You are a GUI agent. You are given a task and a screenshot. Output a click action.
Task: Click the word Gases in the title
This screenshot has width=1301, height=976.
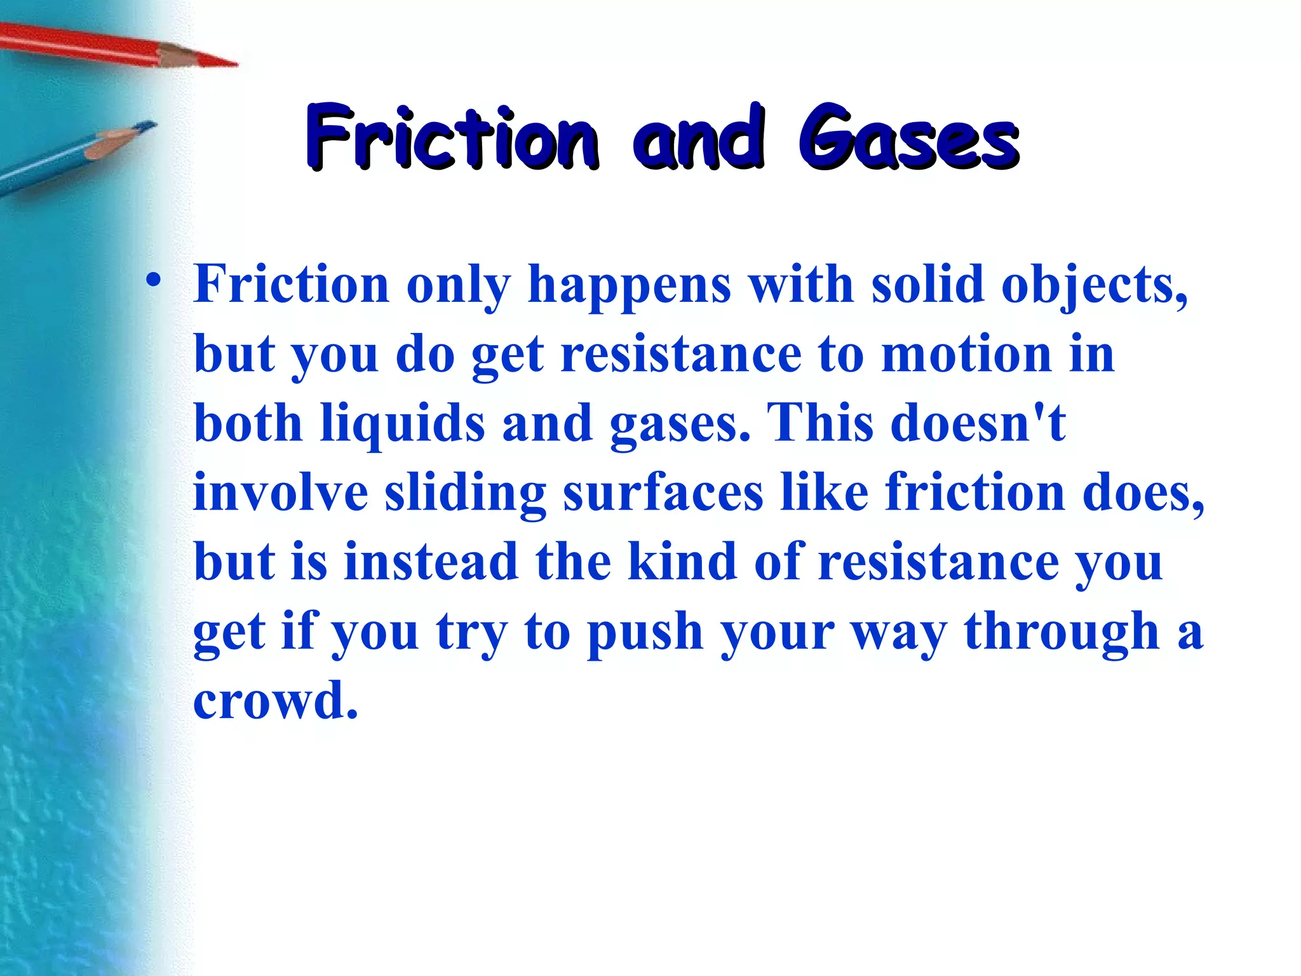click(908, 139)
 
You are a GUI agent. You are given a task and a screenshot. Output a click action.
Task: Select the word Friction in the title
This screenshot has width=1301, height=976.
click(452, 139)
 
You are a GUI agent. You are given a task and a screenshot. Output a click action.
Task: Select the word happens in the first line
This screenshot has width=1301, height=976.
click(629, 285)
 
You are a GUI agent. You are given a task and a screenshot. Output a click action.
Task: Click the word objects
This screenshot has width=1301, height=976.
click(1093, 285)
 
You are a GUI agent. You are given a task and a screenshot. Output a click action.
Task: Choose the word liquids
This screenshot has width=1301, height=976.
click(403, 424)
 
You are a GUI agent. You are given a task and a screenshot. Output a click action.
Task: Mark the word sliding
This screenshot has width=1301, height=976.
click(465, 494)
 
